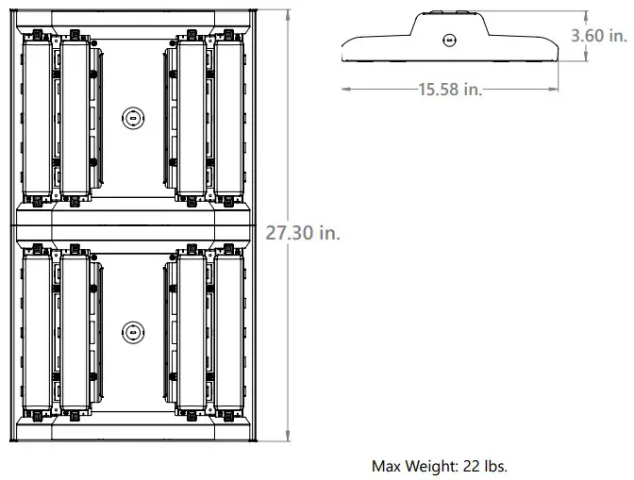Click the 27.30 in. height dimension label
pos(303,233)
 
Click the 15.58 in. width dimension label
pos(449,89)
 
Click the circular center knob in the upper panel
pos(133,118)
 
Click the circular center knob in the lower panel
pos(133,331)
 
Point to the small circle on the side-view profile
pos(450,40)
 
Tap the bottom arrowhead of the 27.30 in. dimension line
pos(288,437)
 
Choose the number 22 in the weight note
pos(474,466)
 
